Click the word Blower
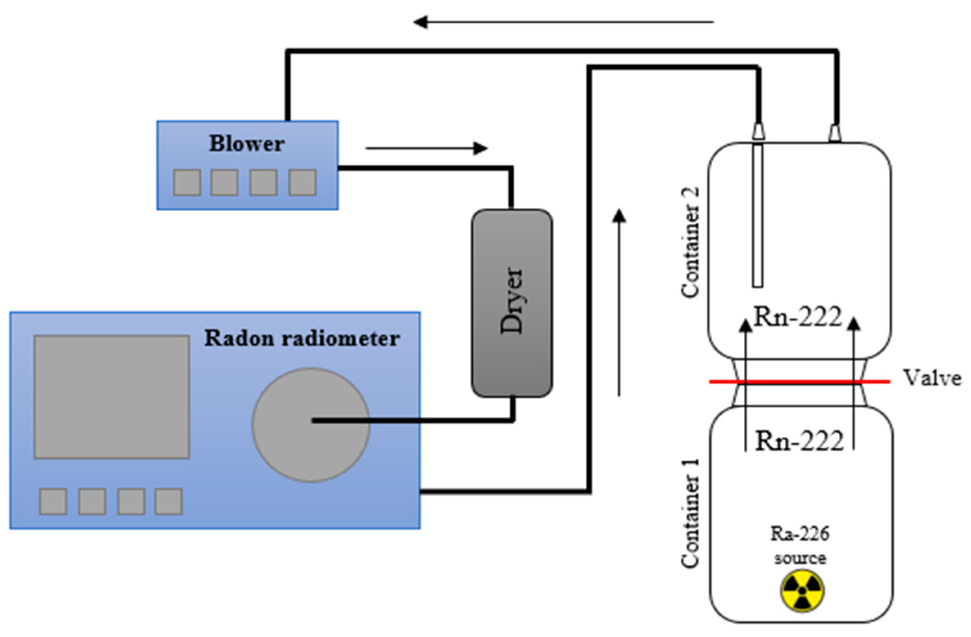click(x=247, y=144)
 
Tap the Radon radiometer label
click(x=302, y=339)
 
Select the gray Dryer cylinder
click(x=512, y=303)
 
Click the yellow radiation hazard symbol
click(x=802, y=591)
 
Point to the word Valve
click(x=933, y=379)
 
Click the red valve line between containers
click(x=800, y=382)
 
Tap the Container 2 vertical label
click(x=690, y=242)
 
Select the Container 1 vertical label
click(x=690, y=513)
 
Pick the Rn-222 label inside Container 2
click(x=797, y=316)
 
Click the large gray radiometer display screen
click(x=111, y=397)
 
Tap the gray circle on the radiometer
click(x=311, y=425)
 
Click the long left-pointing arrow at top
click(x=563, y=22)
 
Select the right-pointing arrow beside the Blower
click(x=426, y=148)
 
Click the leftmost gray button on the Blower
click(x=187, y=183)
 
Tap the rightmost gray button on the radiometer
click(x=168, y=501)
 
